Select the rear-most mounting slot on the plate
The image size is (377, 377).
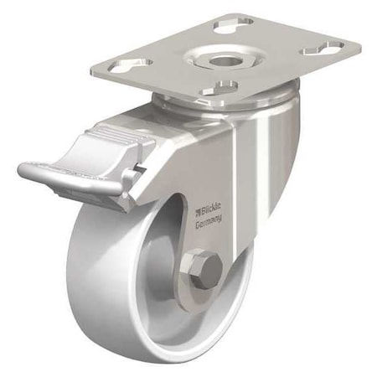pos(234,26)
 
